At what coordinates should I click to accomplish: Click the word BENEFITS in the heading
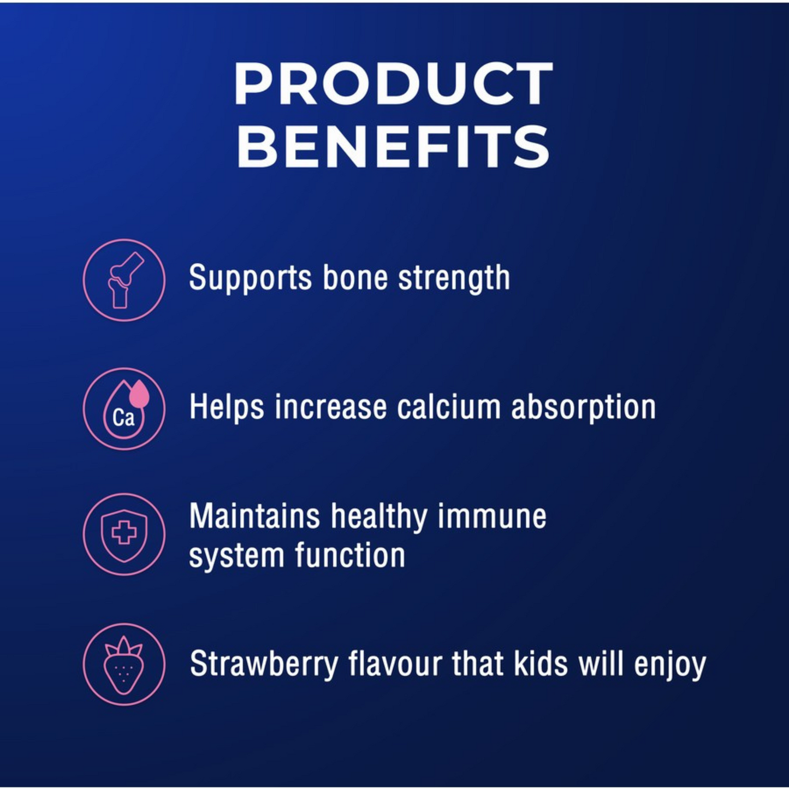tap(393, 146)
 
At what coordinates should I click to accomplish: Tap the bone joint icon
tap(124, 280)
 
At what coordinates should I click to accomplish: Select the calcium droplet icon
tap(124, 408)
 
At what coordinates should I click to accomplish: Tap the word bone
tap(355, 277)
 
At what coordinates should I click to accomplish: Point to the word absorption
tap(584, 408)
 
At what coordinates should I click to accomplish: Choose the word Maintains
tap(254, 517)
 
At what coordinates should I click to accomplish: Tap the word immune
tap(492, 517)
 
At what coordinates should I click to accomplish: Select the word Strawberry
tap(264, 665)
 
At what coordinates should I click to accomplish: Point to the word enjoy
tap(670, 666)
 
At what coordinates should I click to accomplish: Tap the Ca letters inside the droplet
tap(123, 418)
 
